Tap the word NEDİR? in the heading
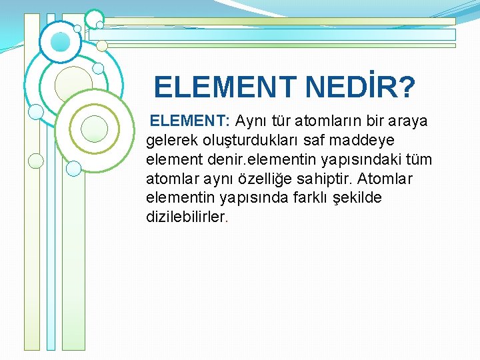(x=360, y=87)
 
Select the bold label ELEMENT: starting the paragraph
(x=190, y=121)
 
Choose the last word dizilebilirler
(x=187, y=217)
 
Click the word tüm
(x=419, y=160)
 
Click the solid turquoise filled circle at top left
(x=61, y=42)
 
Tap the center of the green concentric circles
(x=94, y=128)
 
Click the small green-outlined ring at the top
(x=94, y=19)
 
